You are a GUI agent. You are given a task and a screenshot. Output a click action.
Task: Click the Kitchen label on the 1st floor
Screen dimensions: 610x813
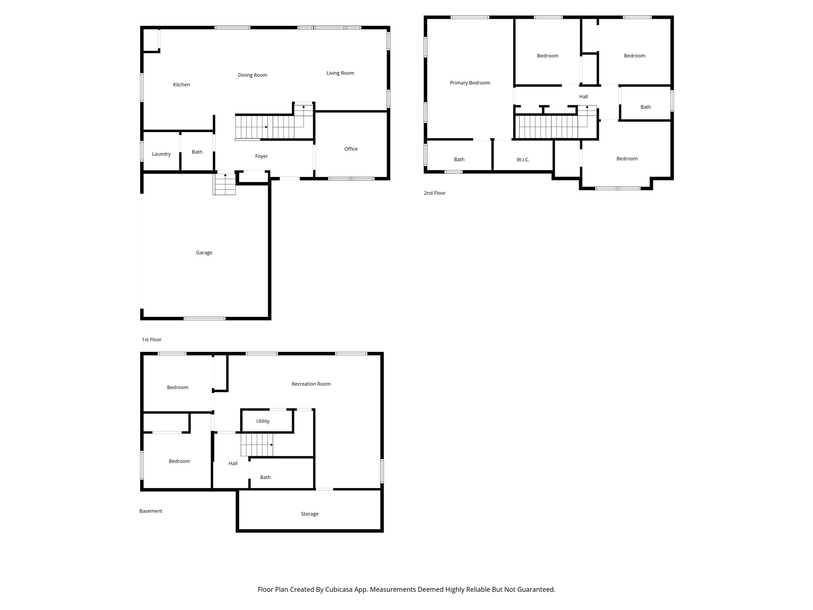tap(181, 85)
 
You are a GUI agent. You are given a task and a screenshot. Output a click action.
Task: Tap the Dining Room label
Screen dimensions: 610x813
tap(252, 75)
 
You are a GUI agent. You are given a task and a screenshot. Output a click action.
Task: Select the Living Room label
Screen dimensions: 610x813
tap(340, 73)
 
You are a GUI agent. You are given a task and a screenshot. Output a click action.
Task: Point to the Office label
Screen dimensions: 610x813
tap(351, 149)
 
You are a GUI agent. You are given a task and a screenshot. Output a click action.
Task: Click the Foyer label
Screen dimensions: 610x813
tap(261, 156)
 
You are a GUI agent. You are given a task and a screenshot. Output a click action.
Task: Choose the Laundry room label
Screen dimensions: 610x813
tap(161, 154)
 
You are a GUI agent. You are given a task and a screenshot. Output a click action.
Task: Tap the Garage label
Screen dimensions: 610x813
tap(204, 253)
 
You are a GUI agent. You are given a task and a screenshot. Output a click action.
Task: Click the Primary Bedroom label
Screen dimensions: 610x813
tap(470, 83)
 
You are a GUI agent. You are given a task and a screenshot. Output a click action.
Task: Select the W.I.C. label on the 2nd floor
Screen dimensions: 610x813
tap(523, 160)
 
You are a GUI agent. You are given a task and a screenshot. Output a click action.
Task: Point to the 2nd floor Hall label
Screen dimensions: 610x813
tap(583, 97)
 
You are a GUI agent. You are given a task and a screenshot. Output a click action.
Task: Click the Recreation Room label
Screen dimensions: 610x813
tap(311, 384)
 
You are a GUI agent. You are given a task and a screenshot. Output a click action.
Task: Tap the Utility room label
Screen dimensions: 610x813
tap(263, 421)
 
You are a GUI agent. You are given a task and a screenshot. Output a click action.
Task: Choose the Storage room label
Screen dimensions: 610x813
tap(309, 514)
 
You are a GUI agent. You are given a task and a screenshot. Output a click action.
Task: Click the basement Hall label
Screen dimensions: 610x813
tap(233, 464)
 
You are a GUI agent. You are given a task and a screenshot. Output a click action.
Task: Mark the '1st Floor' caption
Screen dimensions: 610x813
tap(152, 340)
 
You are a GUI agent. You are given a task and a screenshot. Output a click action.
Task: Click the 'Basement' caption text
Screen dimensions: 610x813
tap(151, 511)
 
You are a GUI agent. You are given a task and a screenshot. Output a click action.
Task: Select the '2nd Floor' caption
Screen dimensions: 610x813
tap(435, 193)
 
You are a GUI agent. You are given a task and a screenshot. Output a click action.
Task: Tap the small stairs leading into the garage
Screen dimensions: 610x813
tap(225, 185)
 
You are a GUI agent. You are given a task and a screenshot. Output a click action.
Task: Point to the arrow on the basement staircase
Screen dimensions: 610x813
tap(272, 444)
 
